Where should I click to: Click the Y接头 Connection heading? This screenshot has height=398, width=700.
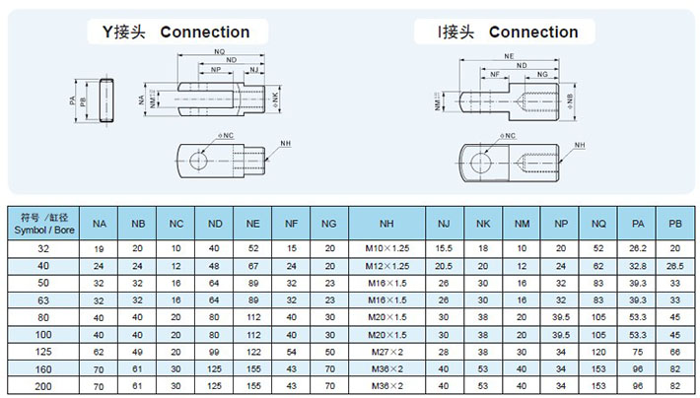tap(176, 32)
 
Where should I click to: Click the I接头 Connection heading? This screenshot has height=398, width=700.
tap(509, 32)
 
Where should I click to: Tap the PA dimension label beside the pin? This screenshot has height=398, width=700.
tap(72, 100)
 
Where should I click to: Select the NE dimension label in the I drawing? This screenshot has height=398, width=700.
tap(508, 58)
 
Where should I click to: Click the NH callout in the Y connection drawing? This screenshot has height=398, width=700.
tap(286, 144)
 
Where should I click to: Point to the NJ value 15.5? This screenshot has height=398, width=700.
tap(444, 249)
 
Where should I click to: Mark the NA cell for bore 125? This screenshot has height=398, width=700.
tap(100, 352)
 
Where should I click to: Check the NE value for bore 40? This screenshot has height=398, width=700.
tap(253, 266)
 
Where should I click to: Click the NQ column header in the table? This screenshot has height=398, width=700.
tap(598, 225)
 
